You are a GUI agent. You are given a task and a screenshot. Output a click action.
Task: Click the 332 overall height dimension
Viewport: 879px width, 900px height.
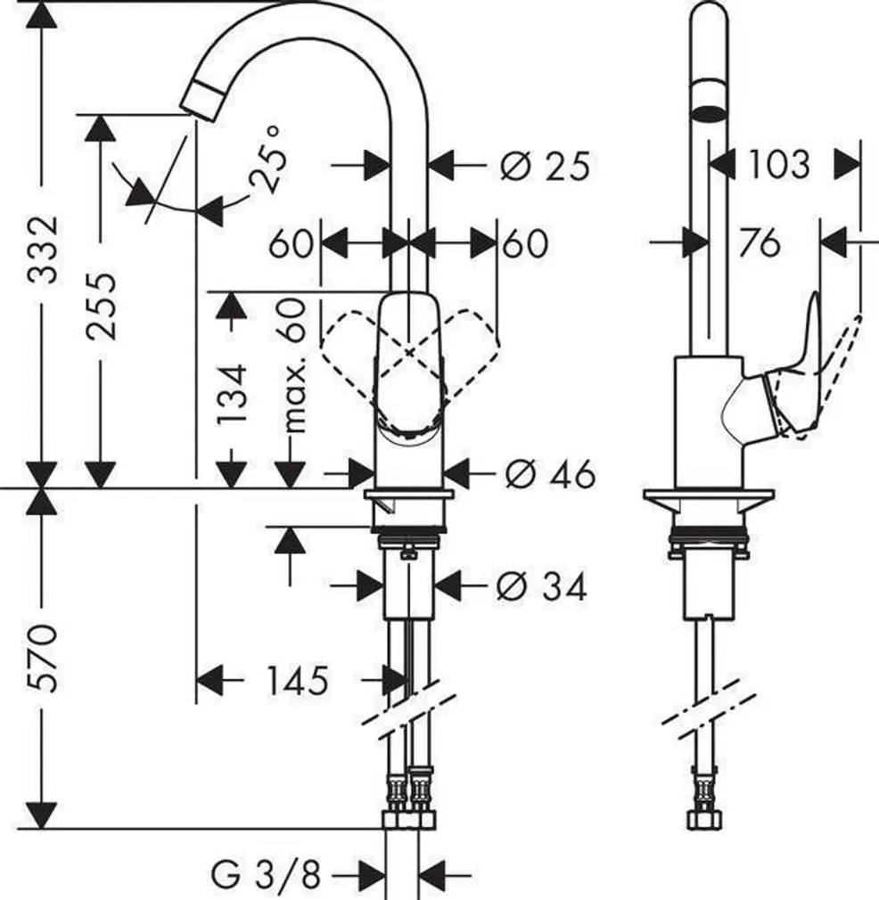tap(42, 249)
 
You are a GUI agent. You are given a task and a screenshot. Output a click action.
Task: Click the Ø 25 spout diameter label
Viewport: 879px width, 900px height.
tap(545, 166)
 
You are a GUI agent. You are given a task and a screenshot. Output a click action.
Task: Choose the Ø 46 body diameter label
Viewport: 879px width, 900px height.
tap(549, 474)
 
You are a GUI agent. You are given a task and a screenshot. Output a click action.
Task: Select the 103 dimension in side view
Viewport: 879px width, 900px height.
tap(778, 164)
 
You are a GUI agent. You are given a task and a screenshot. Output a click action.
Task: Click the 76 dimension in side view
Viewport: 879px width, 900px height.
tap(759, 241)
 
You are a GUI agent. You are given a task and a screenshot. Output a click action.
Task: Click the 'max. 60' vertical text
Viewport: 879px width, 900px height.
tap(293, 366)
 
